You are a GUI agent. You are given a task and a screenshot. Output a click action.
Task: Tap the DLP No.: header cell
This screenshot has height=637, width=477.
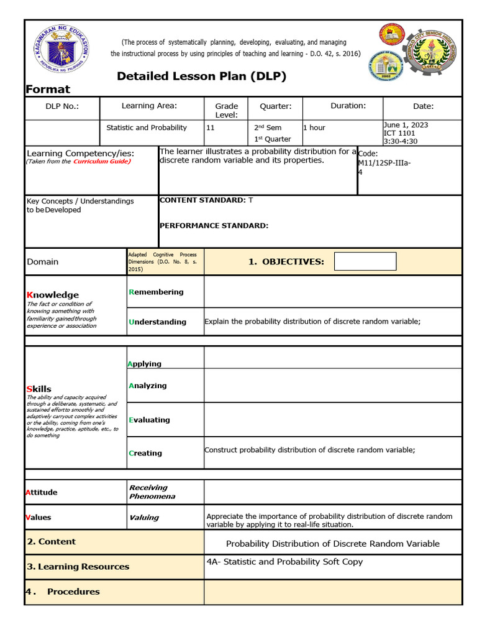tap(62, 106)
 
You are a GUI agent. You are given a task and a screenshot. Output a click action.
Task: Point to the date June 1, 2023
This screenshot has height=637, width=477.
tap(406, 125)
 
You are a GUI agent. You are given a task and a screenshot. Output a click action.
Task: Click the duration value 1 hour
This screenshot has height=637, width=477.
tap(314, 128)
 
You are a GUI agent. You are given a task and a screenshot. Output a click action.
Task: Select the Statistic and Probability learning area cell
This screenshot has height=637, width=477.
tap(147, 128)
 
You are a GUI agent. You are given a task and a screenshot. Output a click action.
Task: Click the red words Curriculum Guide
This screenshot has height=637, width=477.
tap(101, 161)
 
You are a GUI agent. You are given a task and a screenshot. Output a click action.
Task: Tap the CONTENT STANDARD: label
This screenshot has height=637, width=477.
tap(202, 200)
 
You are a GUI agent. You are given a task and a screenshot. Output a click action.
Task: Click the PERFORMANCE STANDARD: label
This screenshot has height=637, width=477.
tap(214, 226)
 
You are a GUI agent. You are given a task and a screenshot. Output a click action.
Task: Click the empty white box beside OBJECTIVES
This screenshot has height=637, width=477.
tap(365, 262)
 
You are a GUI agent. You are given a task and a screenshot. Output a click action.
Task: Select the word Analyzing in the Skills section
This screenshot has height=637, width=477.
tap(148, 386)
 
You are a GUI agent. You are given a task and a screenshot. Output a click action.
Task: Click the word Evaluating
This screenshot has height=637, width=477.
tap(149, 420)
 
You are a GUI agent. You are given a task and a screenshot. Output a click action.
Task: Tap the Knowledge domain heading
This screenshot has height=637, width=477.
tap(53, 294)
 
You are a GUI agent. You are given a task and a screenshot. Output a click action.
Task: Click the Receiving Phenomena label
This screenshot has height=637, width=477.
tap(152, 492)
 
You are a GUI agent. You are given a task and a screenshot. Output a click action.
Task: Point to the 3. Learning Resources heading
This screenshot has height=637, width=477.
tap(78, 567)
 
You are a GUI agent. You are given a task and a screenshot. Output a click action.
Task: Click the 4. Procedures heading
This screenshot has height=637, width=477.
tap(63, 592)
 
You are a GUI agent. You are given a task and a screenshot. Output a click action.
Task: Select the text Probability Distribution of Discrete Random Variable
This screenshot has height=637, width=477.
tap(332, 544)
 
